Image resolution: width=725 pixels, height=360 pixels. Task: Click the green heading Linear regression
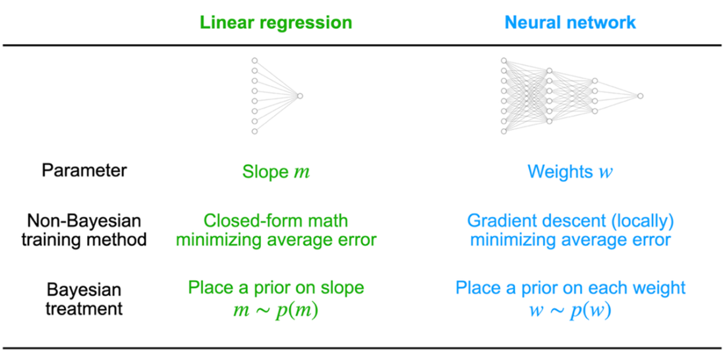click(x=273, y=22)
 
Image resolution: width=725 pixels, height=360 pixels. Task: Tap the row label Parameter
click(x=84, y=171)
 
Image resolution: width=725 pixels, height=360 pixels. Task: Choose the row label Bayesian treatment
click(x=84, y=299)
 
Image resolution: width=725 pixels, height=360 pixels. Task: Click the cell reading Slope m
click(x=275, y=171)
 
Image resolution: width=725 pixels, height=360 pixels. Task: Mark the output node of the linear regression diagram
click(x=300, y=96)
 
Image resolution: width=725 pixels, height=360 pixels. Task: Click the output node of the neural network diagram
click(x=640, y=96)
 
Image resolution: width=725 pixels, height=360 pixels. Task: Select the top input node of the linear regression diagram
click(x=254, y=61)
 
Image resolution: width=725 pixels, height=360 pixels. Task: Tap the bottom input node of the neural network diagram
click(x=504, y=131)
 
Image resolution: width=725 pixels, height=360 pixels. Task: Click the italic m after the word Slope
click(x=302, y=173)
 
